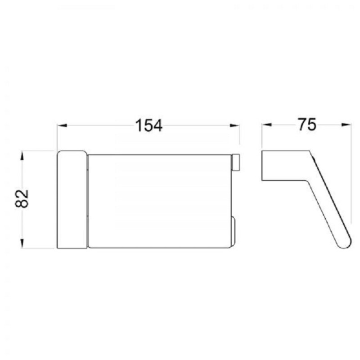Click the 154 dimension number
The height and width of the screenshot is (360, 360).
[x=149, y=126]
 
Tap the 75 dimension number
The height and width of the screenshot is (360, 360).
[x=307, y=125]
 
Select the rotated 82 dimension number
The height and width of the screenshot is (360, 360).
[x=22, y=199]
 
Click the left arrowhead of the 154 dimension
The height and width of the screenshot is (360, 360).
[x=62, y=126]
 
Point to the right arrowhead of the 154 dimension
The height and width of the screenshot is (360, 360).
[x=234, y=126]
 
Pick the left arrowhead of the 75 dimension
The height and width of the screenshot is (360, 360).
[x=267, y=125]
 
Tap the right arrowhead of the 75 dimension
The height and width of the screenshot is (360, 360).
[x=346, y=125]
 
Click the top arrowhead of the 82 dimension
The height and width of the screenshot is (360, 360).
[x=22, y=156]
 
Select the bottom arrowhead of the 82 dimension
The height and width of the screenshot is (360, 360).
[x=22, y=243]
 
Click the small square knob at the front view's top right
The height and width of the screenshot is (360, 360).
[x=235, y=162]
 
